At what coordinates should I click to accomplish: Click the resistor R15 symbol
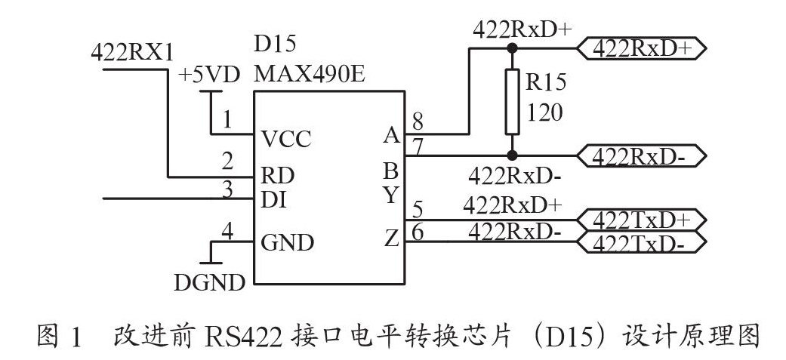pos(512,101)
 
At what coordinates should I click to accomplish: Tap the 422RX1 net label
pos(132,52)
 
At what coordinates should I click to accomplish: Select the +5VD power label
pos(209,75)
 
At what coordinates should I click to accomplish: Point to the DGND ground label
pos(209,283)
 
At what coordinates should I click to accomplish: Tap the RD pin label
pos(277,176)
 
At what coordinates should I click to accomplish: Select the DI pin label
pos(274,201)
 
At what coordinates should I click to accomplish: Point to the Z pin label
pos(391,240)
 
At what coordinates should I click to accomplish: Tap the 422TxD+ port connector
pos(643,220)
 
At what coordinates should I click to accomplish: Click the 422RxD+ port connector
pos(643,49)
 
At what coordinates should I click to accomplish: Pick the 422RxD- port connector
pos(643,156)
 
